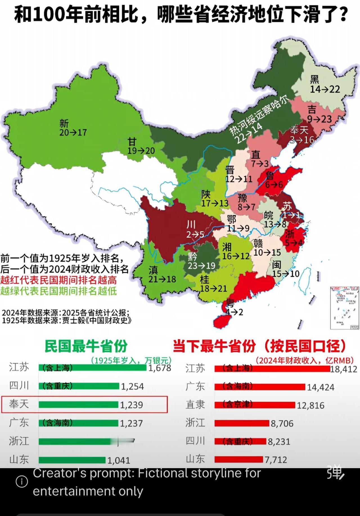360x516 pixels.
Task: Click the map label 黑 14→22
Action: (325, 84)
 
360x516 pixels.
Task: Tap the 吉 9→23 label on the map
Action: (319, 114)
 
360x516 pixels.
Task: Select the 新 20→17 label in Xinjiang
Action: (73, 128)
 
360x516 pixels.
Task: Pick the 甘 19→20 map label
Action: (141, 146)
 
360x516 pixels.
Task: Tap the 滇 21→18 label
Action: (162, 275)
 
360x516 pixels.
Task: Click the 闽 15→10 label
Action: (285, 269)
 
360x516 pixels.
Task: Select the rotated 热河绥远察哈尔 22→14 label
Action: (255, 121)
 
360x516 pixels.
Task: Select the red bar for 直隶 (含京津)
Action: (255, 405)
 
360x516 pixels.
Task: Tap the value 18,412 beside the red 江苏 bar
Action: (344, 369)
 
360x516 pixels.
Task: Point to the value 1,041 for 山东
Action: (119, 460)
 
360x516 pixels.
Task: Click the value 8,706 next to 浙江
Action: (282, 423)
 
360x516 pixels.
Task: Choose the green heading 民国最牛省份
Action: (86, 346)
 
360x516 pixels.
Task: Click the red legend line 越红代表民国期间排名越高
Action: (58, 280)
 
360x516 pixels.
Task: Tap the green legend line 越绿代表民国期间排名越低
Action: (58, 291)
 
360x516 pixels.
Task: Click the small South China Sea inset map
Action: (345, 308)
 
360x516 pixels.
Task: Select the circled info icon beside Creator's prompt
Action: (22, 482)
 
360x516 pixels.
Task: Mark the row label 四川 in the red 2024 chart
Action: (195, 441)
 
